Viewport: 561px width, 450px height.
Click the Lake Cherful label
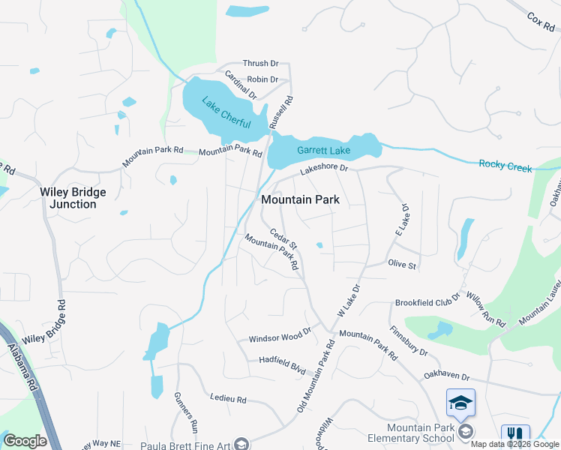pyautogui.click(x=226, y=112)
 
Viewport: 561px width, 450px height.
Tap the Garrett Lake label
pyautogui.click(x=323, y=149)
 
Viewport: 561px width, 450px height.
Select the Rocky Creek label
pyautogui.click(x=505, y=165)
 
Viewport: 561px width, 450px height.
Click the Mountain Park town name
pyautogui.click(x=300, y=199)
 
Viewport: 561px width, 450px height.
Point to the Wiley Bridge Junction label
pyautogui.click(x=73, y=198)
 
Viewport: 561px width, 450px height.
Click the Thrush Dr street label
pyautogui.click(x=260, y=64)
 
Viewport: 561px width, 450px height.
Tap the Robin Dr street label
pyautogui.click(x=262, y=79)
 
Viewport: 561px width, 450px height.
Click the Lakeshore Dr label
pyautogui.click(x=325, y=170)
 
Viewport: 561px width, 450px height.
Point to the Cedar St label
pyautogui.click(x=284, y=240)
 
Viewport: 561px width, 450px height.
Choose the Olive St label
pyautogui.click(x=402, y=264)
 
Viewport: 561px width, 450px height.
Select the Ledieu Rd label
pyautogui.click(x=229, y=400)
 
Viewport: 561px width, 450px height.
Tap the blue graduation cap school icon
pyautogui.click(x=460, y=403)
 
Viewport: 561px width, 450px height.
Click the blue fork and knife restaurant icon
pyautogui.click(x=514, y=434)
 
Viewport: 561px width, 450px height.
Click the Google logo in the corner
pyautogui.click(x=25, y=441)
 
